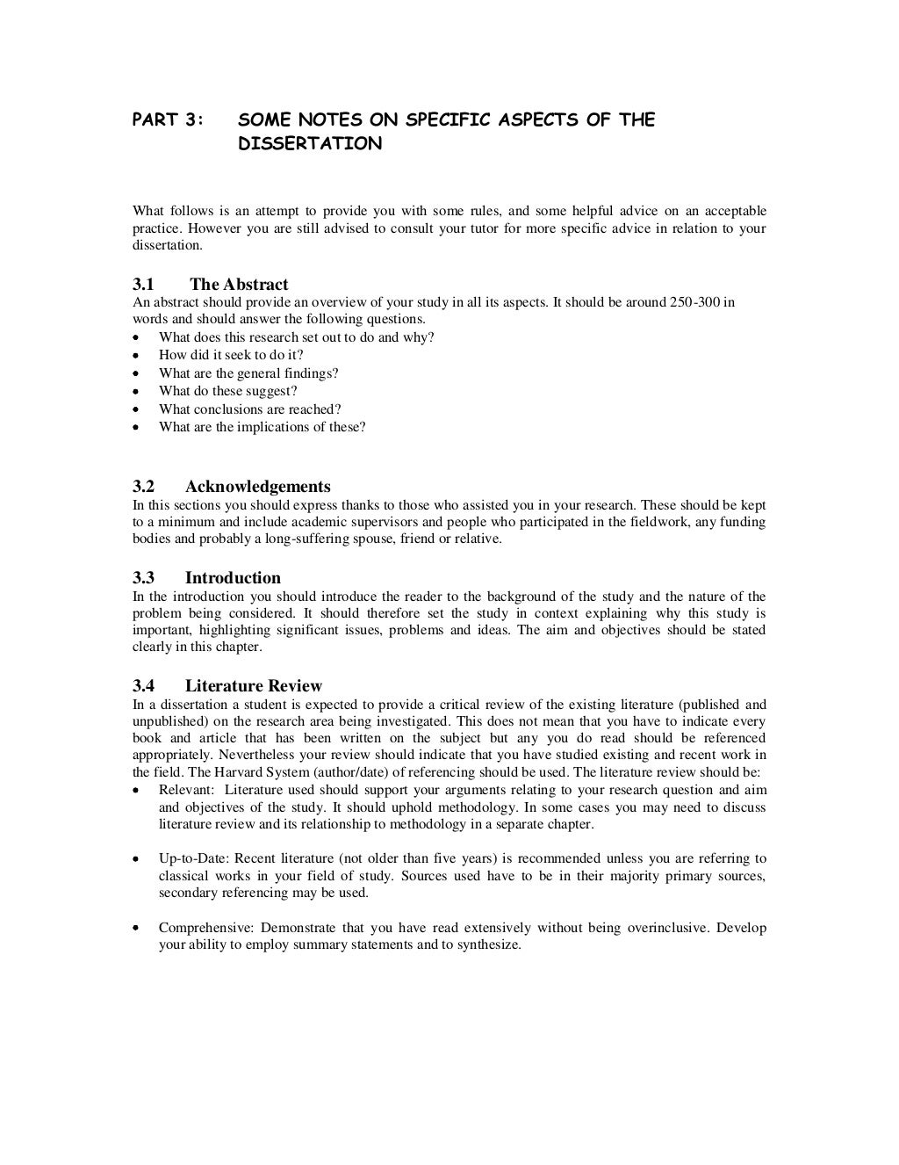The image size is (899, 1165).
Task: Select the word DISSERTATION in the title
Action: (x=310, y=143)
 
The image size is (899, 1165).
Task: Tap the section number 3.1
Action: (x=143, y=285)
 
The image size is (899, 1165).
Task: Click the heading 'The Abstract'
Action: (x=239, y=285)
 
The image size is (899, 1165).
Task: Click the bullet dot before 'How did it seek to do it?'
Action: (x=135, y=356)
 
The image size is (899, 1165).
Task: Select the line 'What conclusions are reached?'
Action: (x=250, y=409)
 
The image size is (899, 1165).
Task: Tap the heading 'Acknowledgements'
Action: (x=257, y=487)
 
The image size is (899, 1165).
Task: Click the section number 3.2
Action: (x=143, y=487)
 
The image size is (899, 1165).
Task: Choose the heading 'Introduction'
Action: (x=233, y=578)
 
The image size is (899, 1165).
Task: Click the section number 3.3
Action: (x=143, y=578)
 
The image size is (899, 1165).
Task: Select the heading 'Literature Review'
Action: (x=253, y=686)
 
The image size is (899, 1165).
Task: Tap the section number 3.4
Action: (x=143, y=686)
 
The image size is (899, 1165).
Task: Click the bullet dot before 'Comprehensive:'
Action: (x=135, y=928)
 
